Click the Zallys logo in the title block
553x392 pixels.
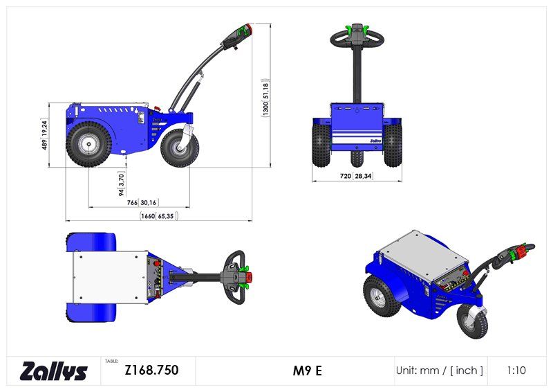[x=54, y=371]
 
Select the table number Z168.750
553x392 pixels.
[x=151, y=371]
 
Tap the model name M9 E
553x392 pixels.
[x=307, y=371]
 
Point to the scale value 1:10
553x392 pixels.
[x=516, y=371]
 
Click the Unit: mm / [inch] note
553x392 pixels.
[x=439, y=371]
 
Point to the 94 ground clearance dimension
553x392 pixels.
[x=120, y=181]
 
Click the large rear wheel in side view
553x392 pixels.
[x=88, y=143]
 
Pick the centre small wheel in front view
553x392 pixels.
[x=357, y=159]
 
